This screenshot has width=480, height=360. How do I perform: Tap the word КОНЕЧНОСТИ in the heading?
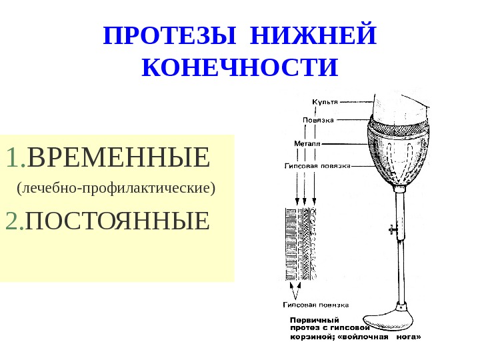point(241,67)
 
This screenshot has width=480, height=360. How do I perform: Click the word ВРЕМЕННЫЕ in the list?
point(119,159)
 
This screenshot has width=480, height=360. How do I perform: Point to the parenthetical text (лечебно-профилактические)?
point(117,188)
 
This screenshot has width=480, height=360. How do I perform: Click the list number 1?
point(15,159)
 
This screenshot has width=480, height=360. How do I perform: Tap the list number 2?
point(14,220)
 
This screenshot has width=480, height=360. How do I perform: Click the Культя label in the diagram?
point(325,102)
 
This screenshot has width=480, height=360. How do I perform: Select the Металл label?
point(307,143)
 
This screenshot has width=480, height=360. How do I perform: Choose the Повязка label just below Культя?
point(318,121)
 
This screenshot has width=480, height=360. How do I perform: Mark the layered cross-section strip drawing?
point(301,245)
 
